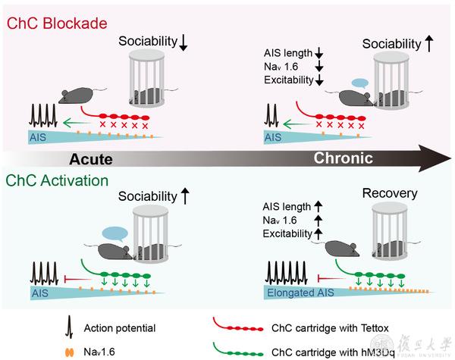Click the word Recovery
click(390, 194)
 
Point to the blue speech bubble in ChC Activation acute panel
click(115, 233)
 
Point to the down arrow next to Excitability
click(319, 80)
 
